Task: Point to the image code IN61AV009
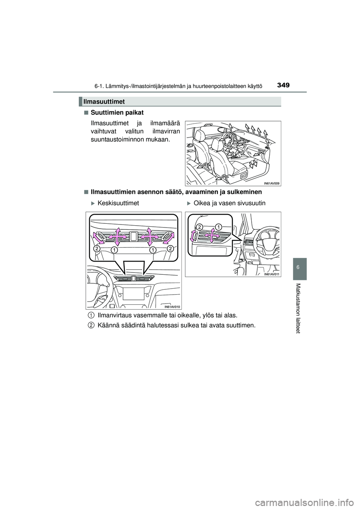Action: [x=272, y=183]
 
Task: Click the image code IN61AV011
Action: [x=272, y=274]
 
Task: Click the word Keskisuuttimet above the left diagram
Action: [x=118, y=203]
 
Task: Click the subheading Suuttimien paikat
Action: [x=117, y=112]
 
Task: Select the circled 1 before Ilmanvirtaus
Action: [x=91, y=315]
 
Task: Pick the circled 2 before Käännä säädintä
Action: [x=91, y=325]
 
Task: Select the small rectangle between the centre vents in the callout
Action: [x=133, y=236]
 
